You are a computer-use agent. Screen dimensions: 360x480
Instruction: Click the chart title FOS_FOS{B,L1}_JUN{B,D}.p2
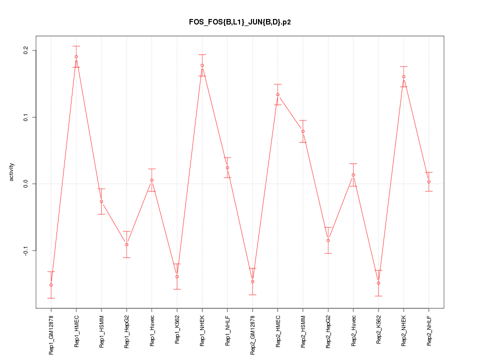pyautogui.click(x=239, y=22)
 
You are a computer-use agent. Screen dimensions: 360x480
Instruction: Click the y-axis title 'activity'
pyautogui.click(x=12, y=172)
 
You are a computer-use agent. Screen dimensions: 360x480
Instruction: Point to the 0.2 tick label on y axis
pyautogui.click(x=25, y=50)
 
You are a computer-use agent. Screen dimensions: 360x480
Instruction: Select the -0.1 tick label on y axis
pyautogui.click(x=25, y=250)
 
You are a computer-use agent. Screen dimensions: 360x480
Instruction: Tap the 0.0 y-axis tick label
pyautogui.click(x=25, y=183)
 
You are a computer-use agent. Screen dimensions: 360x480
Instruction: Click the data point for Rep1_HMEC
pyautogui.click(x=76, y=56)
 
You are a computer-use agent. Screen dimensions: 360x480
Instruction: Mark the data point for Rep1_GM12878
pyautogui.click(x=51, y=285)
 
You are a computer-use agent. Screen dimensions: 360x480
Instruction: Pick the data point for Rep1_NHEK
pyautogui.click(x=202, y=65)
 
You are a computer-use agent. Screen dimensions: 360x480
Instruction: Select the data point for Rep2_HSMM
pyautogui.click(x=303, y=131)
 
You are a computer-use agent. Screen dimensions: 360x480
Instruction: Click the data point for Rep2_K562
pyautogui.click(x=378, y=283)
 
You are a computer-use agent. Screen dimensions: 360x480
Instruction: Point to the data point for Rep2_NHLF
pyautogui.click(x=429, y=181)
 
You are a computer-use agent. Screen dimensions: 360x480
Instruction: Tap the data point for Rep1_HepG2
pyautogui.click(x=126, y=244)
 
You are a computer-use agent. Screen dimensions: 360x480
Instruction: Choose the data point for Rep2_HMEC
pyautogui.click(x=277, y=94)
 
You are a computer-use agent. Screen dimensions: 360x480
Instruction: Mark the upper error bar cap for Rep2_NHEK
pyautogui.click(x=403, y=66)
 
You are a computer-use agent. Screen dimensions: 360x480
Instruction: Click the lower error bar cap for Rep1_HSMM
pyautogui.click(x=101, y=214)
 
